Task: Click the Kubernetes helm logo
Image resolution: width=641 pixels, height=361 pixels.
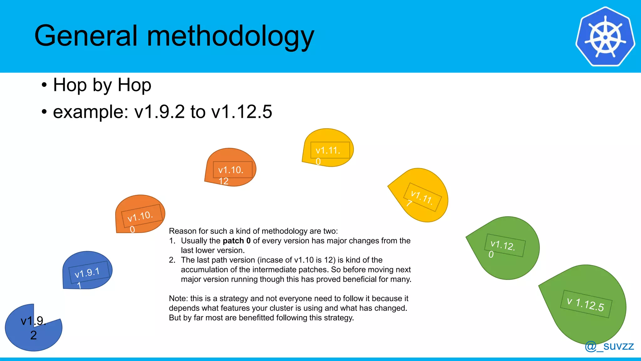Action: [x=605, y=37]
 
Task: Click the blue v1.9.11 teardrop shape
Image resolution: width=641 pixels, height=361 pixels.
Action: [x=87, y=271]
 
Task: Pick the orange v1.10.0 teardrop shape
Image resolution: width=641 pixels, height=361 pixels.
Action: [x=140, y=215]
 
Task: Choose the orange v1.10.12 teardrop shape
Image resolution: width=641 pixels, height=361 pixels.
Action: [x=231, y=168]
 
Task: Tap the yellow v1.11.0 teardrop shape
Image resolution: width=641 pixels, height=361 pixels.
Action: [x=328, y=148]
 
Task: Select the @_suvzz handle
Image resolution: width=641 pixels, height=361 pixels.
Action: [x=609, y=346]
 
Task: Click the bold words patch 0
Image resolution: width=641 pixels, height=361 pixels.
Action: [x=237, y=241]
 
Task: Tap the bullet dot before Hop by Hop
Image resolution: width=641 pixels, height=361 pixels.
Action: [x=44, y=85]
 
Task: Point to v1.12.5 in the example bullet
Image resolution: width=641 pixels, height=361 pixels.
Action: [x=242, y=112]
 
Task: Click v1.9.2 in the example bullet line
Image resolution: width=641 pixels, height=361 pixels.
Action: [x=159, y=112]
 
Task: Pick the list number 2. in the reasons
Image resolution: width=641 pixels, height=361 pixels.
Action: [x=172, y=260]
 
